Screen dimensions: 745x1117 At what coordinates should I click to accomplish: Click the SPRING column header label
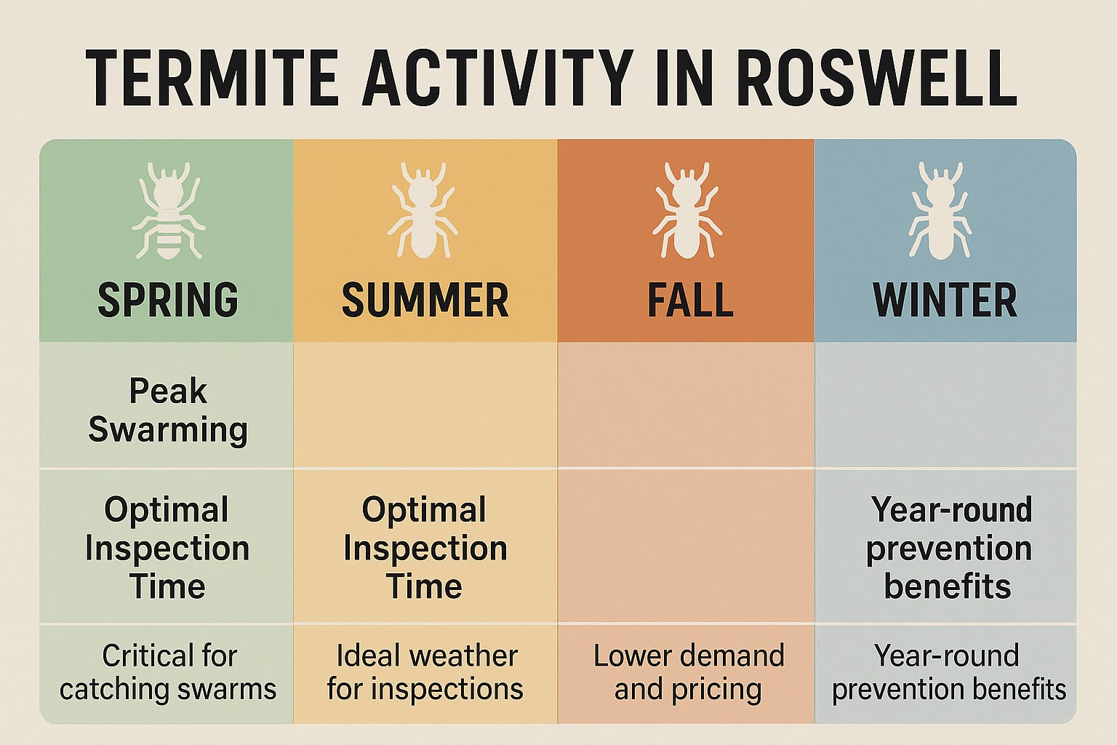tap(168, 300)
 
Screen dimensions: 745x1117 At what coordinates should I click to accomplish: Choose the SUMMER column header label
tap(425, 300)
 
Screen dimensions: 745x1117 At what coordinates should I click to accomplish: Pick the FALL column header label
tap(690, 300)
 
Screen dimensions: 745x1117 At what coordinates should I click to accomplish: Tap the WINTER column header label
tap(945, 300)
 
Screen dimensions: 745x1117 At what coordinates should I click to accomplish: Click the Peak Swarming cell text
tap(168, 410)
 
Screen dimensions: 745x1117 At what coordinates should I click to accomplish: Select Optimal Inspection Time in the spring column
tap(167, 548)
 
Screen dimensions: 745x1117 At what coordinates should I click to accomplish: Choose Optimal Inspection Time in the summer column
tap(425, 548)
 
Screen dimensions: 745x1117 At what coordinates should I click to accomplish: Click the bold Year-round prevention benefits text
tap(948, 548)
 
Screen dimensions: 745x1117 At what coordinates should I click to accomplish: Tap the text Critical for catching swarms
tap(168, 672)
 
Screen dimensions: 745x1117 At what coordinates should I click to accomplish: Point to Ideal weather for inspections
tap(425, 672)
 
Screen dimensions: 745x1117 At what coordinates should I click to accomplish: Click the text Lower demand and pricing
tap(689, 672)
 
